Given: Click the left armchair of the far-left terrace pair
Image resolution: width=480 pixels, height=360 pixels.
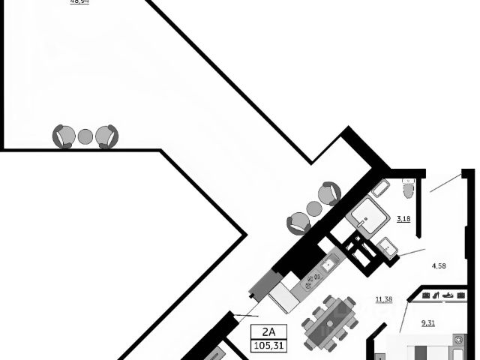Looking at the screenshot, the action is [63, 136].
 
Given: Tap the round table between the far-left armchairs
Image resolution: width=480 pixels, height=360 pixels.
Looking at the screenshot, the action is [85, 136].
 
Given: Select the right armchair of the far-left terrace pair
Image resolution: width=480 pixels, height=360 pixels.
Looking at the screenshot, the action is [108, 136].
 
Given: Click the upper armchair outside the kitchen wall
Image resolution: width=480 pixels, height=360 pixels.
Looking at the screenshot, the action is [329, 193].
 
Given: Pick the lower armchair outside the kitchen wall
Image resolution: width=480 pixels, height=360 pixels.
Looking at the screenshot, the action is [298, 222].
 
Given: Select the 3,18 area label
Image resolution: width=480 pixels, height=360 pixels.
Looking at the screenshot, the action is [402, 219].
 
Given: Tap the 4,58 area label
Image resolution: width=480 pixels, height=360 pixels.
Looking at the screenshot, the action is [439, 265].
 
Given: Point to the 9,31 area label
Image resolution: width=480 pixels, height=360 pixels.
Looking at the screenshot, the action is [428, 322].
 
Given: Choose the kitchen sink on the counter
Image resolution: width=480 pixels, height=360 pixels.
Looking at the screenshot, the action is [328, 265].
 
